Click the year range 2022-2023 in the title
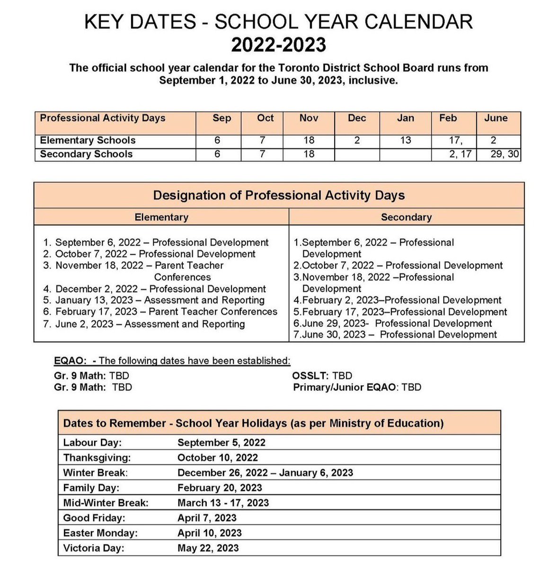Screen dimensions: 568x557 [278, 45]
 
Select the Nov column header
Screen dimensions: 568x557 [309, 118]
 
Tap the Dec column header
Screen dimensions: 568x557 [357, 118]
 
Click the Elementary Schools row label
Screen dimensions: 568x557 [88, 141]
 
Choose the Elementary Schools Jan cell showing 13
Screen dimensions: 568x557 [405, 141]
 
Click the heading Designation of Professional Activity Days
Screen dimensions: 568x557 [279, 195]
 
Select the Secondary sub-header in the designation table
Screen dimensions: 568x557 [406, 217]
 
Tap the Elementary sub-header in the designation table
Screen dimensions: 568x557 [161, 217]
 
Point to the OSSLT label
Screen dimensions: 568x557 [310, 376]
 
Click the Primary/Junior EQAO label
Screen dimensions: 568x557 [344, 387]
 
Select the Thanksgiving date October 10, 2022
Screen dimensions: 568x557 [218, 458]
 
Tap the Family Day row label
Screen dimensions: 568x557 [91, 488]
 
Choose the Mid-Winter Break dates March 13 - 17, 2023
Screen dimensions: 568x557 [223, 503]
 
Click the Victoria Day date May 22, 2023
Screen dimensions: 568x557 [208, 548]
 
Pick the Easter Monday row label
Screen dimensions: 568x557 [100, 533]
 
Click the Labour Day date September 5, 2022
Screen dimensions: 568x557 [221, 443]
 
